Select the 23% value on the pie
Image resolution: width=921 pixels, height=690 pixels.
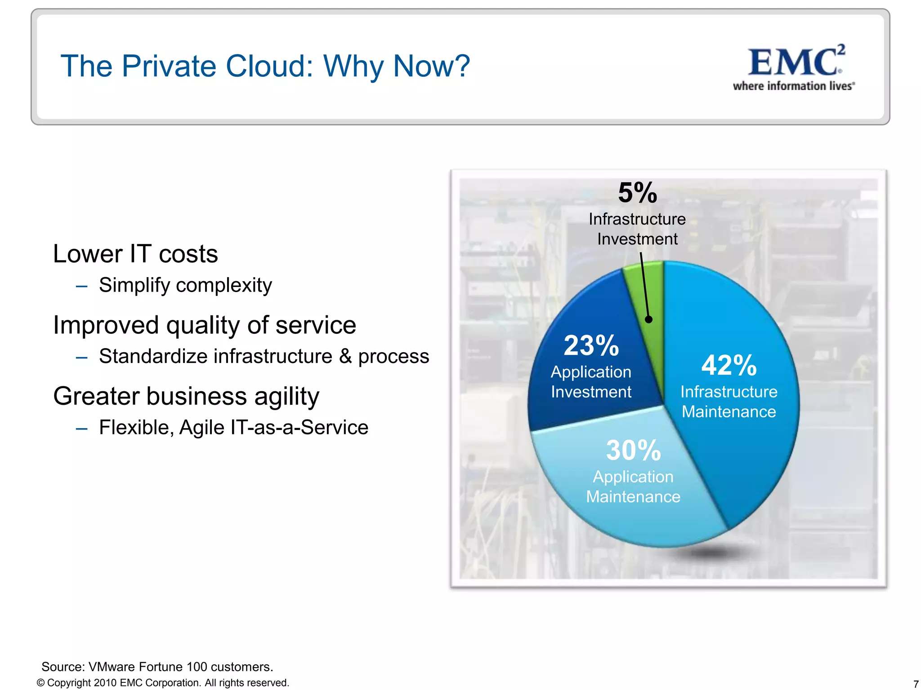591,345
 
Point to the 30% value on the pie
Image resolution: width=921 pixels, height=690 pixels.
633,450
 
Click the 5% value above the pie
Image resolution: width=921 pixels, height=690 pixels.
637,193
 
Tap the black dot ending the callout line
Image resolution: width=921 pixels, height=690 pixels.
648,319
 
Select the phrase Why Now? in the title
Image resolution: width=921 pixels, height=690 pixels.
397,66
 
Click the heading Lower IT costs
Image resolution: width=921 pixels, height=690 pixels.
135,254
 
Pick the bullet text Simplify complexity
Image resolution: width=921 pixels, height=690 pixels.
185,285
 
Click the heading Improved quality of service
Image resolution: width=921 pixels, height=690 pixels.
204,325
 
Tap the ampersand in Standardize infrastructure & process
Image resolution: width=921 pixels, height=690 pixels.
345,356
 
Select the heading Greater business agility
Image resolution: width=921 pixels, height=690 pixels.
186,396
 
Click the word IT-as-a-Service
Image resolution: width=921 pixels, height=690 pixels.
299,427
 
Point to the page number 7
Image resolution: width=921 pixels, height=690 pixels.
916,684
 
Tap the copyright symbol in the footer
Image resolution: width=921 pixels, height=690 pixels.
40,683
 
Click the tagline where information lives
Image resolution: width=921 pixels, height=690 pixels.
793,86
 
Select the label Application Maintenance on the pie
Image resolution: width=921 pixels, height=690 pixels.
633,487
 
